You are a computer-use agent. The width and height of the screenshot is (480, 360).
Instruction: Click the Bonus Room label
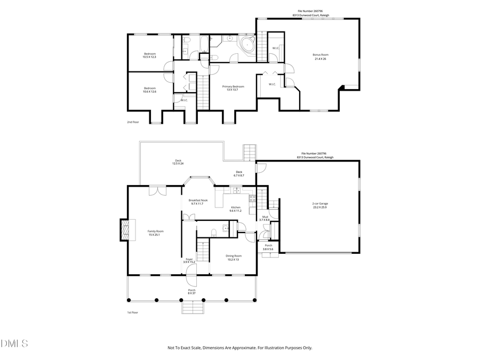coord(320,54)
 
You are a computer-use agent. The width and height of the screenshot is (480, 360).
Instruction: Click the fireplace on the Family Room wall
coord(124,230)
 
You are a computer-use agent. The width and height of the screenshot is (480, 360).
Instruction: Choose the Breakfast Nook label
coord(198,200)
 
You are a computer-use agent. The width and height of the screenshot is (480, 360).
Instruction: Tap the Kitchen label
coord(235,207)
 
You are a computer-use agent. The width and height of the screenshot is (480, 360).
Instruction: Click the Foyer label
coord(189,259)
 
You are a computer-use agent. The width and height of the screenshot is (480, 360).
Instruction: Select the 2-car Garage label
coord(320,203)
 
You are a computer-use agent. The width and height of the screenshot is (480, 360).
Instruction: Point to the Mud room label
coord(265,217)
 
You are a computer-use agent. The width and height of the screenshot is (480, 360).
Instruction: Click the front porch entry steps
coord(194,308)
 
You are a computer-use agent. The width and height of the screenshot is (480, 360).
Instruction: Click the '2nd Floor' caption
coord(133,122)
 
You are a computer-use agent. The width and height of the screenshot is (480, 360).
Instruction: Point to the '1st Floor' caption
coord(132,313)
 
